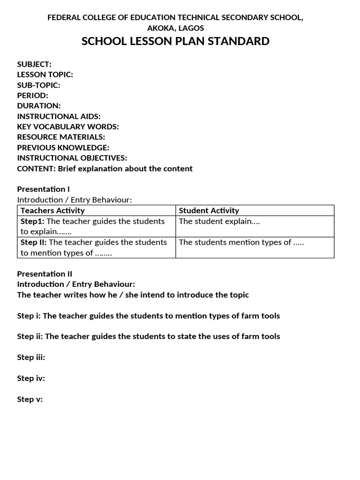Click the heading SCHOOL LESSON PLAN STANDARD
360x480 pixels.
pyautogui.click(x=175, y=41)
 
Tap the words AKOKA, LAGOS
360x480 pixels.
pyautogui.click(x=175, y=28)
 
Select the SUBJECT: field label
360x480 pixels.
pyautogui.click(x=34, y=64)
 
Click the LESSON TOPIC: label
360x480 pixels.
pyautogui.click(x=45, y=75)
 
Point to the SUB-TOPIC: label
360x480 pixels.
pyautogui.click(x=38, y=85)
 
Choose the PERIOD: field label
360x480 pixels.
pyautogui.click(x=32, y=95)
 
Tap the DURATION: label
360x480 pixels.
pyautogui.click(x=39, y=106)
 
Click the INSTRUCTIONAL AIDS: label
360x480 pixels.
pyautogui.click(x=59, y=116)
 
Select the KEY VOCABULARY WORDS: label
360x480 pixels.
pyautogui.click(x=68, y=127)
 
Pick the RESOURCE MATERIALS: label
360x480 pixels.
pyautogui.click(x=61, y=137)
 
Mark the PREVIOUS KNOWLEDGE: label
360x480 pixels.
pyautogui.click(x=63, y=148)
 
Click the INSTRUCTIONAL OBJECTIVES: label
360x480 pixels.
pyautogui.click(x=72, y=158)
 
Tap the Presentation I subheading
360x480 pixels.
pyautogui.click(x=43, y=189)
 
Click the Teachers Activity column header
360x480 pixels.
pyautogui.click(x=52, y=210)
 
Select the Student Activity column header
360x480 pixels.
pyautogui.click(x=209, y=210)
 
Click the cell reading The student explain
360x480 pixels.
pyautogui.click(x=219, y=221)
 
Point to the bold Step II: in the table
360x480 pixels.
pyautogui.click(x=33, y=242)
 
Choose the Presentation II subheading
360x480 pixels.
pyautogui.click(x=45, y=274)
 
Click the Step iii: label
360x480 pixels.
pyautogui.click(x=31, y=357)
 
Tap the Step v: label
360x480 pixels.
pyautogui.click(x=30, y=399)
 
